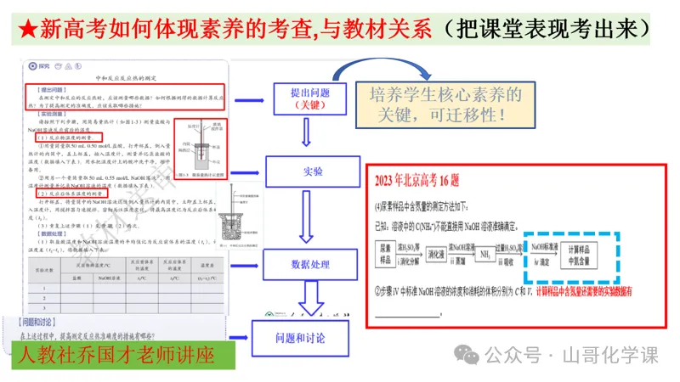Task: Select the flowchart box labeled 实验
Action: pos(312,171)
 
